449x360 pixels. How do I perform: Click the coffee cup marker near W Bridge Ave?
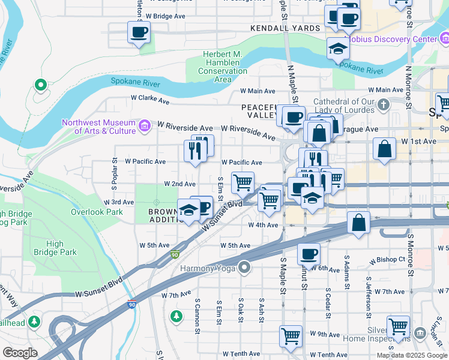click(139, 32)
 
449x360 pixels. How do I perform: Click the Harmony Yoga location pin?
click(244, 266)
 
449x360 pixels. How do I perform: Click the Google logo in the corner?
click(20, 352)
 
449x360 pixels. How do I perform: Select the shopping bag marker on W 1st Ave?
click(384, 149)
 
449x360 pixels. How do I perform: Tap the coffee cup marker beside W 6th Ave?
click(309, 254)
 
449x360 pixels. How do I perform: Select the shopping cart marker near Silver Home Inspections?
click(398, 326)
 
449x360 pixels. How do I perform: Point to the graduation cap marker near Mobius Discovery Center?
click(339, 48)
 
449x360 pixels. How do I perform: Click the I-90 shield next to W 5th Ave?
click(175, 256)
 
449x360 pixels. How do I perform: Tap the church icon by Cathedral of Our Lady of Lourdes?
click(384, 106)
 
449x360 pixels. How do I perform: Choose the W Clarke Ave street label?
click(148, 97)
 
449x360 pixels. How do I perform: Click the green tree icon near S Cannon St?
click(175, 315)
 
